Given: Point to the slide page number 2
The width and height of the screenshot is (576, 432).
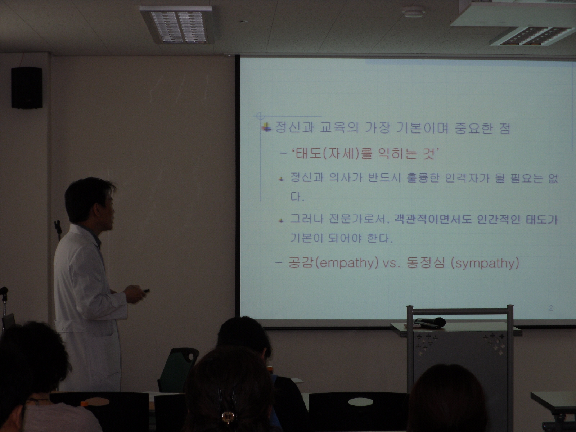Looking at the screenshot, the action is (x=551, y=308).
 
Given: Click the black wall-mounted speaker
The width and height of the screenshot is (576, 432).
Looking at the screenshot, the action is (x=27, y=88).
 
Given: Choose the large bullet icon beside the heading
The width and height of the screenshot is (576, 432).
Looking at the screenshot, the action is (x=267, y=128).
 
